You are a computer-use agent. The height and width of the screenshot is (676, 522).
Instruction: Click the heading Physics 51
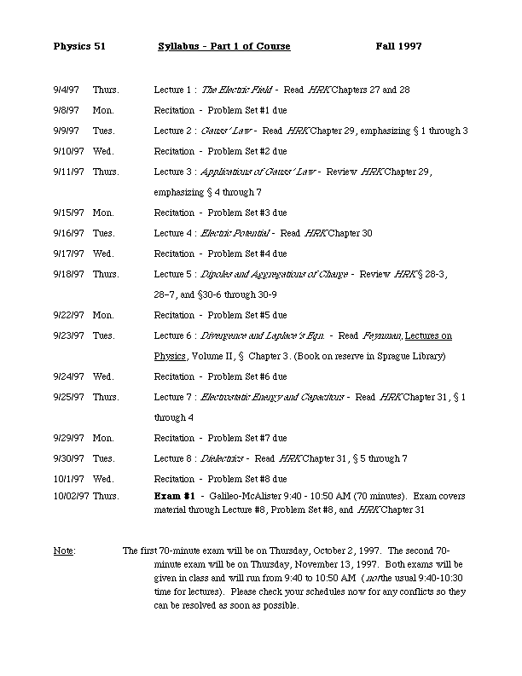[78, 46]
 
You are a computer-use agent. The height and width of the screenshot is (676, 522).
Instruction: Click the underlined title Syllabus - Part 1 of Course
[224, 46]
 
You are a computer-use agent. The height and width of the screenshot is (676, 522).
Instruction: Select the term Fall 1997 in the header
[398, 46]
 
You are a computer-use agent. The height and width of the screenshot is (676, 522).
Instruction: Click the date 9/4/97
[66, 90]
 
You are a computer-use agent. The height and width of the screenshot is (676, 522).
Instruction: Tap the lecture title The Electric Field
[233, 90]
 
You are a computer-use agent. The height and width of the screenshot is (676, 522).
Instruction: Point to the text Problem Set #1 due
[247, 110]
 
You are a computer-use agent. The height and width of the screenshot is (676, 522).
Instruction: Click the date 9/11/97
[68, 172]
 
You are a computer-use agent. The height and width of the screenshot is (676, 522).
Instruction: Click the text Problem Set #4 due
[247, 253]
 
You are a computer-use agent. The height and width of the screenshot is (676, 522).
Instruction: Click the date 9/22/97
[68, 315]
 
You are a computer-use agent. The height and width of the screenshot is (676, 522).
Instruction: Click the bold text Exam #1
[175, 495]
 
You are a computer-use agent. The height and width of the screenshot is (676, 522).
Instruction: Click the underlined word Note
[63, 551]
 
